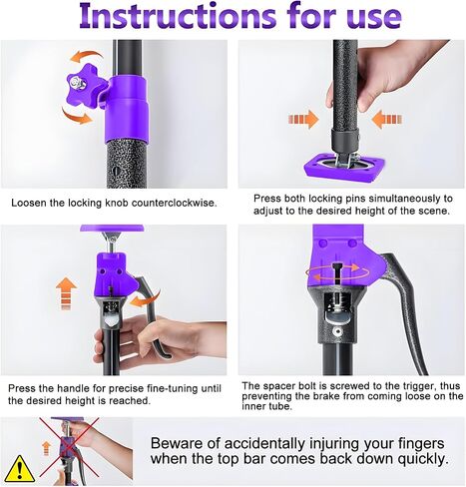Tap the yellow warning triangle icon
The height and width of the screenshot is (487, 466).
pos(20,469)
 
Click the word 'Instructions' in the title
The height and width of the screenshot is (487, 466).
pos(178,16)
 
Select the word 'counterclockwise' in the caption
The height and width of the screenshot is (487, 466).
pos(174,203)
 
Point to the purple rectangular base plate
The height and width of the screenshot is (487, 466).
pos(344,167)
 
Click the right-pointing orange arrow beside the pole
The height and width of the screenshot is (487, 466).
pos(303,119)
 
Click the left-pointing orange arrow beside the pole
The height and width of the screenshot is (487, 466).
pos(386,119)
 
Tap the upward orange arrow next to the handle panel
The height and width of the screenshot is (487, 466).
pos(66,293)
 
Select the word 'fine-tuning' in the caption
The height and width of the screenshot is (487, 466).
pos(174,388)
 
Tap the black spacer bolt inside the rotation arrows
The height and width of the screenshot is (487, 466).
pos(337,273)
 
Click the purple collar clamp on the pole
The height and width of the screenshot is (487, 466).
pos(127,110)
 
